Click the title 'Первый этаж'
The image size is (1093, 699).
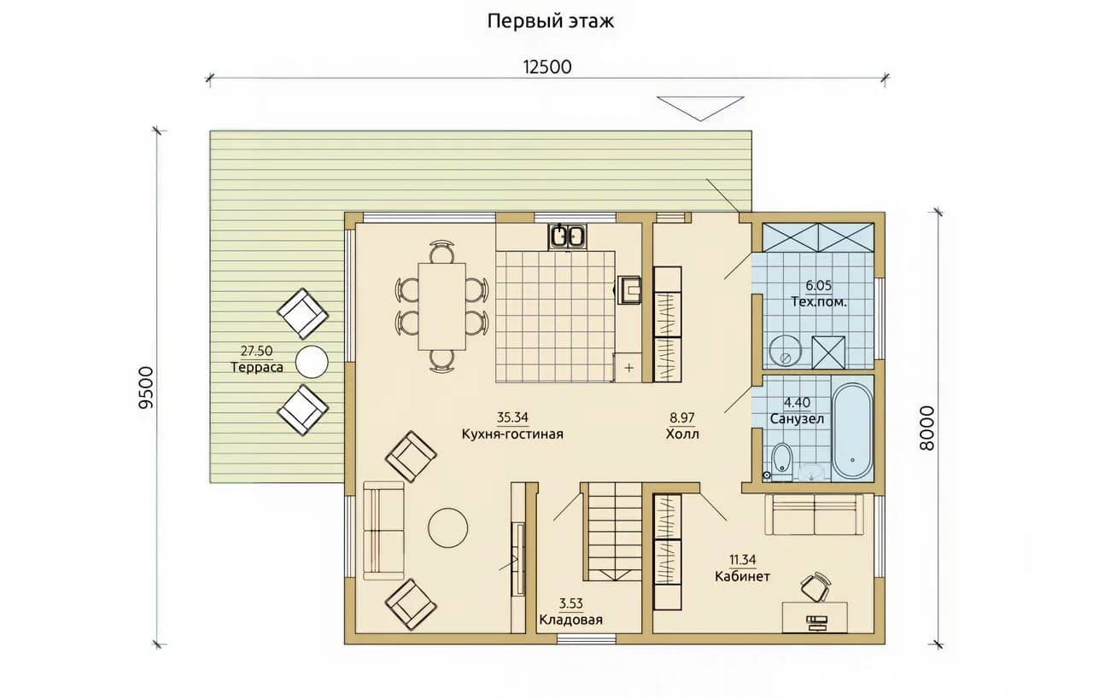(551, 21)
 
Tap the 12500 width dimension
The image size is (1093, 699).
(547, 67)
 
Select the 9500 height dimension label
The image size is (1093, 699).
(146, 387)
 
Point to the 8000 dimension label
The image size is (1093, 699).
(926, 428)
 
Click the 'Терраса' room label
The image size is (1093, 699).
(257, 367)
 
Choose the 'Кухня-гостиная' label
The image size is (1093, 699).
(512, 434)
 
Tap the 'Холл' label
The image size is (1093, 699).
(682, 434)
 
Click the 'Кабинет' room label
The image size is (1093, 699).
(742, 577)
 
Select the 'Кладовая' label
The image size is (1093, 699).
(571, 620)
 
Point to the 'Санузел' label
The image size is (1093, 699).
(797, 418)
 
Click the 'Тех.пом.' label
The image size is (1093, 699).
(819, 302)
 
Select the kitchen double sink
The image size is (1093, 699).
(567, 236)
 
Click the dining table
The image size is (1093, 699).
(441, 306)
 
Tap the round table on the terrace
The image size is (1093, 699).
(312, 362)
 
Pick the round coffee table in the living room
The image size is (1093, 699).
(448, 527)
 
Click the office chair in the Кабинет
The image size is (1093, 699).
(815, 587)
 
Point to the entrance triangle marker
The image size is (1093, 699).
(700, 108)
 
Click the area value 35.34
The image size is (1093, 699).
(512, 417)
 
